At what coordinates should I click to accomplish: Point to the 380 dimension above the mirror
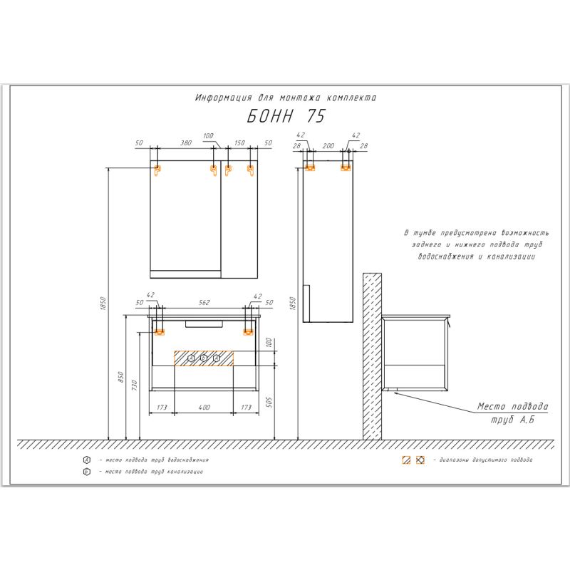point(186,143)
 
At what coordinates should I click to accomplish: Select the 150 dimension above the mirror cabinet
point(239,143)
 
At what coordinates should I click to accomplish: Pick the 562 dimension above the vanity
point(204,302)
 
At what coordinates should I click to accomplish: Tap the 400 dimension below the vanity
point(204,408)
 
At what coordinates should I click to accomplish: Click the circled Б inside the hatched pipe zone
point(204,358)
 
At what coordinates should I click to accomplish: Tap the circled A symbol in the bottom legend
point(86,460)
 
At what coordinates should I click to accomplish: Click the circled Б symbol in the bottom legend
point(86,472)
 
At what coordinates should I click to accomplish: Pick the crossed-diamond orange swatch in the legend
point(420,460)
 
